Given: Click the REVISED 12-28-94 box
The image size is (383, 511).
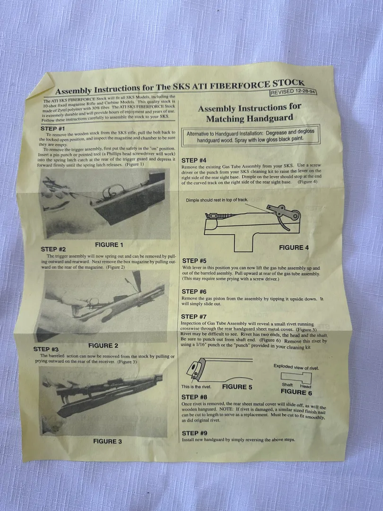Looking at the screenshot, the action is tap(294, 92).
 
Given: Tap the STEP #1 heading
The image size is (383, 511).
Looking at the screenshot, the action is tap(53, 128).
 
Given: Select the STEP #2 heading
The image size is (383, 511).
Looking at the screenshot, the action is tap(53, 249).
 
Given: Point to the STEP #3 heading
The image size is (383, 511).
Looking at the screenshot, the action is tap(46, 349).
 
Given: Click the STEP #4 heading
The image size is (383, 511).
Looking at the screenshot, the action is tap(194, 160).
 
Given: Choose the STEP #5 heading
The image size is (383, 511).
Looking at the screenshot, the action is tap(194, 261).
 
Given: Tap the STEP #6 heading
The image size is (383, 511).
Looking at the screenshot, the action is tap(194, 291).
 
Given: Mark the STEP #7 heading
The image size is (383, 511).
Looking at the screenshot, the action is tap(194, 317).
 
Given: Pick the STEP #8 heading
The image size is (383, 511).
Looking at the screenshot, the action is tap(194, 397).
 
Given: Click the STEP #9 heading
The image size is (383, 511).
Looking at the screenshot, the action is tap(194, 433).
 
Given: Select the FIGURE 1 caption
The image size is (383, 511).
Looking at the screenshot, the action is tap(109, 245).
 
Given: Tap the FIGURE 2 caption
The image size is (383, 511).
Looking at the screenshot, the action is tap(103, 345).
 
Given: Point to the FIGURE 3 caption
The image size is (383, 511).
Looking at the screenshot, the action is tap(107, 441).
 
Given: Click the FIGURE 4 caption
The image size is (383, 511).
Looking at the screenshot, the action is tap(294, 247).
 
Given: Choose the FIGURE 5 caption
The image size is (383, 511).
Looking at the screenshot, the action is tap(237, 387).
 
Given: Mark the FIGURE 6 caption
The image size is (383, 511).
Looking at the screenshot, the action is tap(296, 392).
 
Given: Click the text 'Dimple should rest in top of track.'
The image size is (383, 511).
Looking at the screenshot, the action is tap(217, 200).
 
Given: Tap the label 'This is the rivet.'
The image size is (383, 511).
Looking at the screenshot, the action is tap(196, 387).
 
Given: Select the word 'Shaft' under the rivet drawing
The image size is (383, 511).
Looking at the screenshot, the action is tap(287, 385).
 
